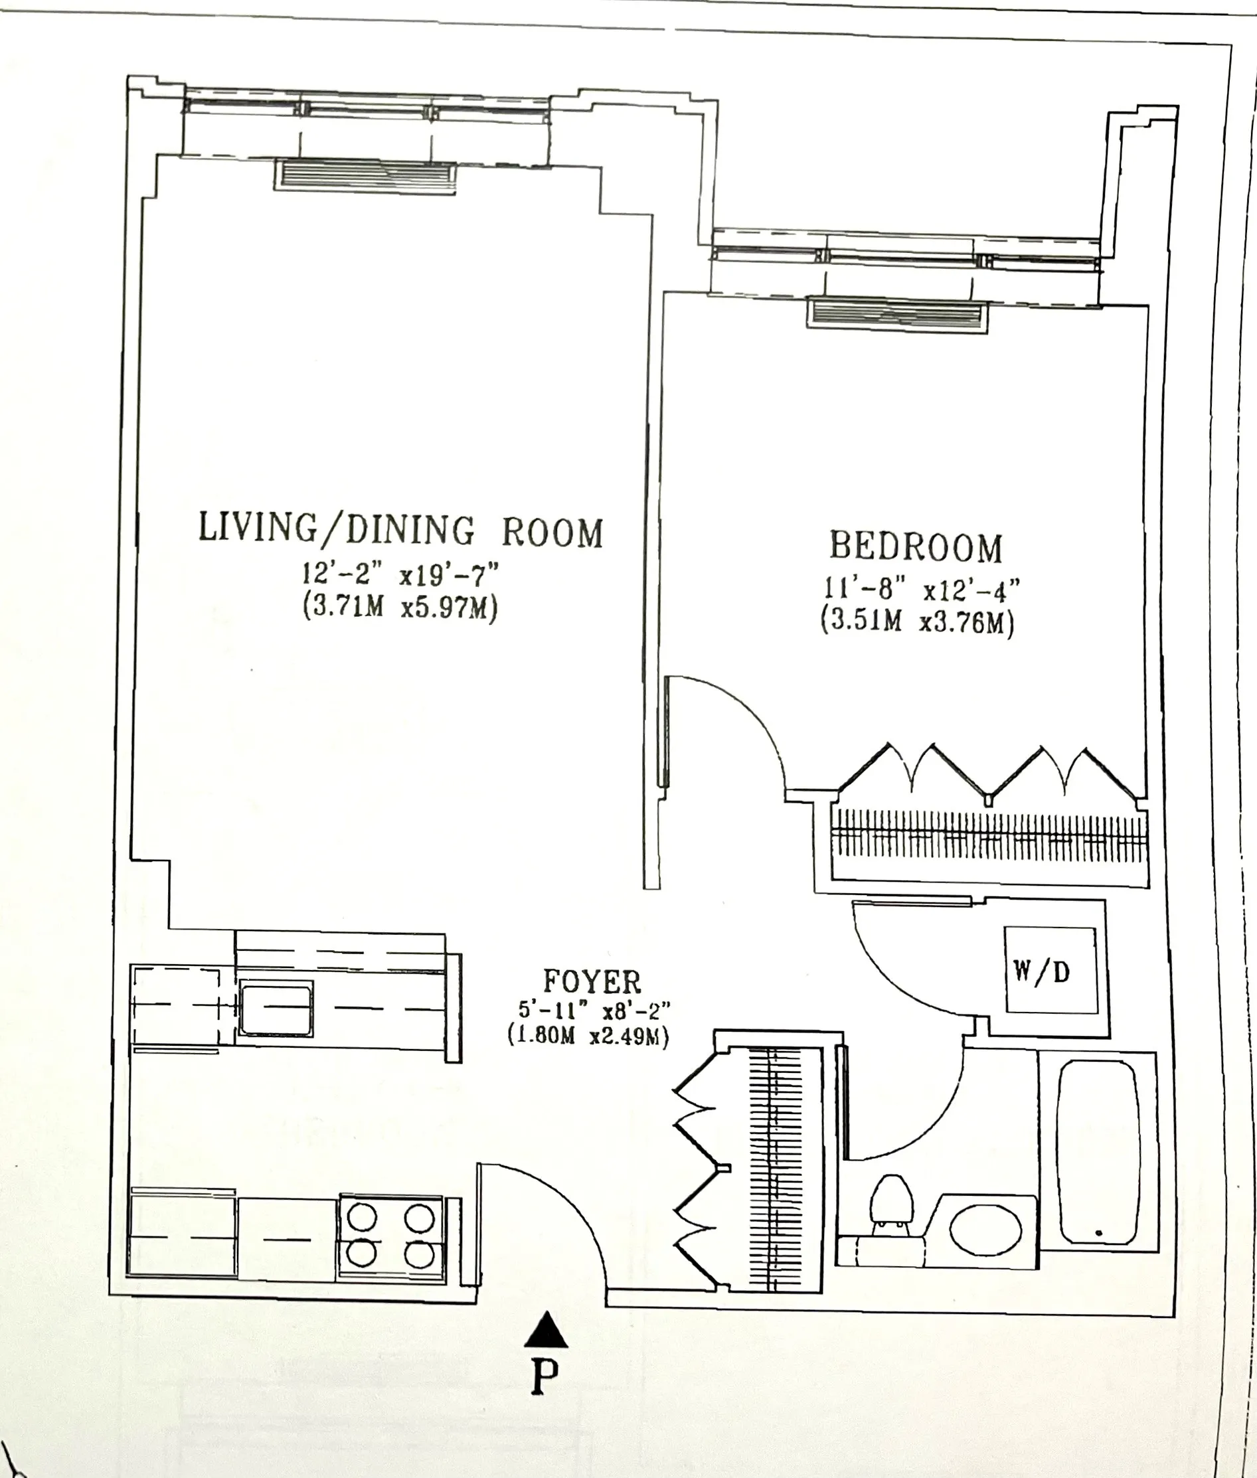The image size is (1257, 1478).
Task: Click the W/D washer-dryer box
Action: pos(1050,970)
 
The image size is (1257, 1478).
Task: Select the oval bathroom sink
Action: pos(985,1230)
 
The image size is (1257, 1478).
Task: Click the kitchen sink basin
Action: pos(276,1008)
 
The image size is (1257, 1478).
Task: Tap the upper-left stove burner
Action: pos(362,1216)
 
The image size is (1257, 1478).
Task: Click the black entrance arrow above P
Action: pos(546,1330)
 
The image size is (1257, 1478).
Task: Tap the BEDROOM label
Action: pos(916,546)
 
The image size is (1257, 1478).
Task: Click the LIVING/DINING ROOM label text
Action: pos(400,531)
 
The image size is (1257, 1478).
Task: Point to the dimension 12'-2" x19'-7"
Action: pos(400,573)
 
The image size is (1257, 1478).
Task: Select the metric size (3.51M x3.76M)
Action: pos(916,621)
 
